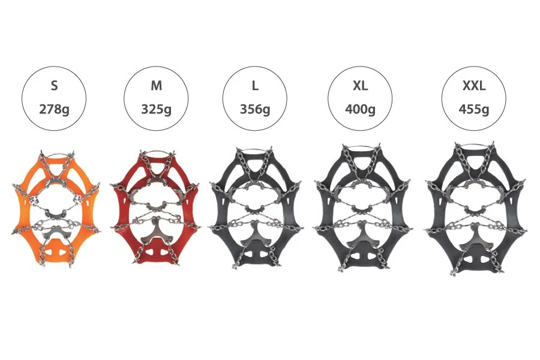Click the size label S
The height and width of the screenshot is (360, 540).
pos(55,86)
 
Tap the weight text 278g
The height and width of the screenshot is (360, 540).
pos(55,110)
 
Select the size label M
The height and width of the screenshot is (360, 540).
pos(157,86)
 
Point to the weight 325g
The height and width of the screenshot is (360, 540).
pos(157,110)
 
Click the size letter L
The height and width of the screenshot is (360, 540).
pos(255,86)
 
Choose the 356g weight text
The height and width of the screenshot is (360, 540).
pos(255,110)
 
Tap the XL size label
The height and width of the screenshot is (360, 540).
pos(360,86)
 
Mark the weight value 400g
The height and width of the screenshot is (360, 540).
pos(360,110)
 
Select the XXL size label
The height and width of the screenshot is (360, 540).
pos(474,86)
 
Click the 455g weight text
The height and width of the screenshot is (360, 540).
pos(474,110)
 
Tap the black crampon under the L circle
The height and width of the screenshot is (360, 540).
pos(255,207)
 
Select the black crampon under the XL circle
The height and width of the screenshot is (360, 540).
pos(361,207)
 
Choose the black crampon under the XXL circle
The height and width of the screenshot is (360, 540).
pos(475,207)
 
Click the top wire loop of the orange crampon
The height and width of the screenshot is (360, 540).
pos(55,155)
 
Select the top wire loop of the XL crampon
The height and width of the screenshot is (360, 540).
pos(361,147)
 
